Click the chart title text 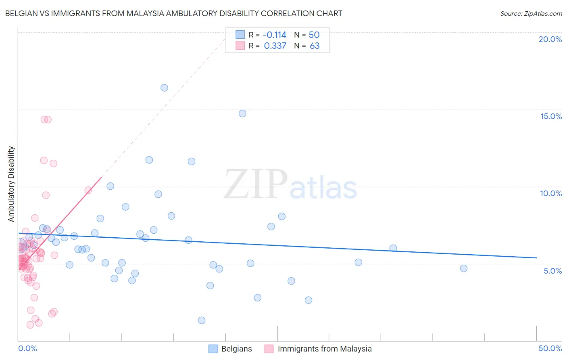click(x=173, y=13)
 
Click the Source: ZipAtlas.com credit click(x=531, y=13)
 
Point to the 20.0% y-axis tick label click(x=550, y=39)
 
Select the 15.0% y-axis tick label click(x=551, y=116)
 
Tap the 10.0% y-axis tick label click(x=551, y=193)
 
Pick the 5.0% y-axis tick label click(x=552, y=271)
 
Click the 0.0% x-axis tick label click(x=27, y=348)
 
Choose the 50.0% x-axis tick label click(x=550, y=348)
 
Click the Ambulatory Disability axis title click(x=11, y=184)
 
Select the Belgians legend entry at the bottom click(x=236, y=349)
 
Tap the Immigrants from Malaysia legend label click(x=325, y=349)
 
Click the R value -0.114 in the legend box click(x=274, y=35)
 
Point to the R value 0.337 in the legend click(x=275, y=46)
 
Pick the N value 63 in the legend click(x=315, y=46)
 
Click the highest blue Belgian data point click(x=164, y=88)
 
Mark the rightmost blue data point click(x=464, y=268)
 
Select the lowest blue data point click(x=202, y=320)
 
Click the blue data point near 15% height click(x=242, y=113)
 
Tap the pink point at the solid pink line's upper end click(x=88, y=190)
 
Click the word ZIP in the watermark click(x=256, y=184)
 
